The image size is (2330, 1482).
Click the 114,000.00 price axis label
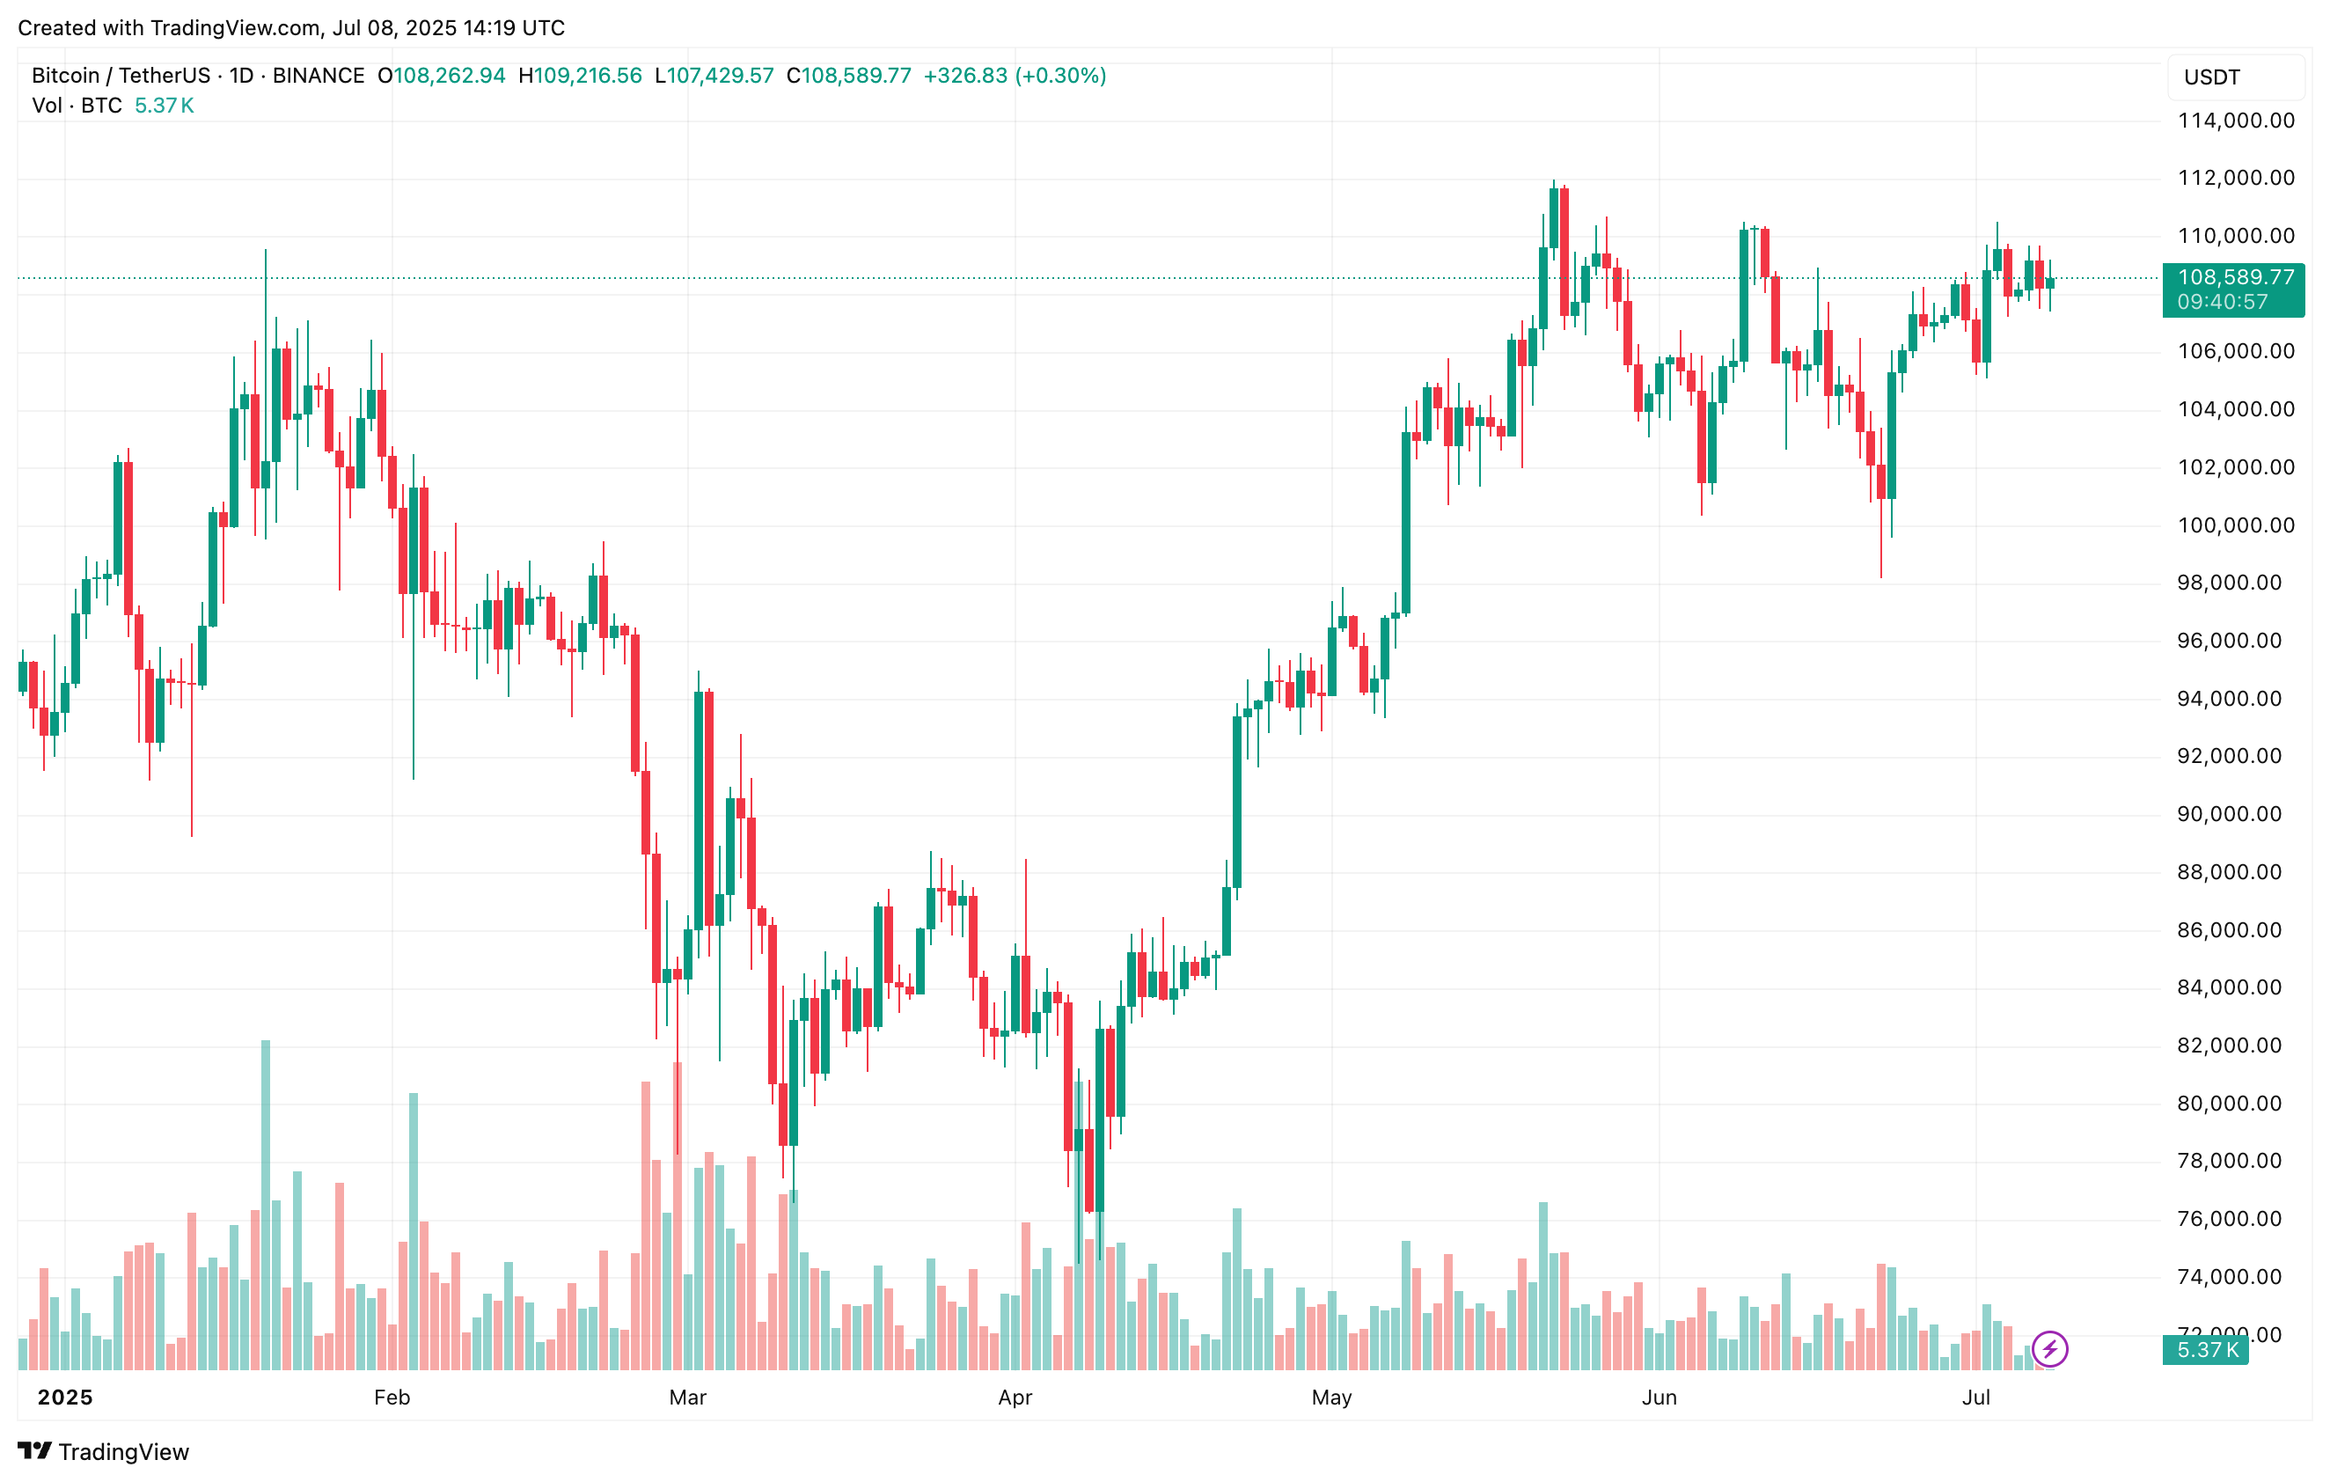2235,120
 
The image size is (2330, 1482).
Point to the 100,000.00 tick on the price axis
2235,525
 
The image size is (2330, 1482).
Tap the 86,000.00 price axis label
2235,929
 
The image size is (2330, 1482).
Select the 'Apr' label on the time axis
1015,1397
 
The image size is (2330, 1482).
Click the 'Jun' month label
1659,1397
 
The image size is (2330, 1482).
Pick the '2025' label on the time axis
65,1397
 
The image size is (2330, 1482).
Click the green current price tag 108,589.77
2235,277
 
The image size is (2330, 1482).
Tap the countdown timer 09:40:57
2223,302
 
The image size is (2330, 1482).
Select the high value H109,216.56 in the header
581,76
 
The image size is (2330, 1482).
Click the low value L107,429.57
714,76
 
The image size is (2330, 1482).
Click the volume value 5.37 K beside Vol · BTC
165,106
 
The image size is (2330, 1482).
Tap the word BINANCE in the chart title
319,76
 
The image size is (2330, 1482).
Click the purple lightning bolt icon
2049,1348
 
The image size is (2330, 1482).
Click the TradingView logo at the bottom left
104,1451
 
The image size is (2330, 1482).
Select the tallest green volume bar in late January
265,1204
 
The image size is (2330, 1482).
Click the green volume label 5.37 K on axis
2207,1349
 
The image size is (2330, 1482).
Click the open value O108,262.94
443,76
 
